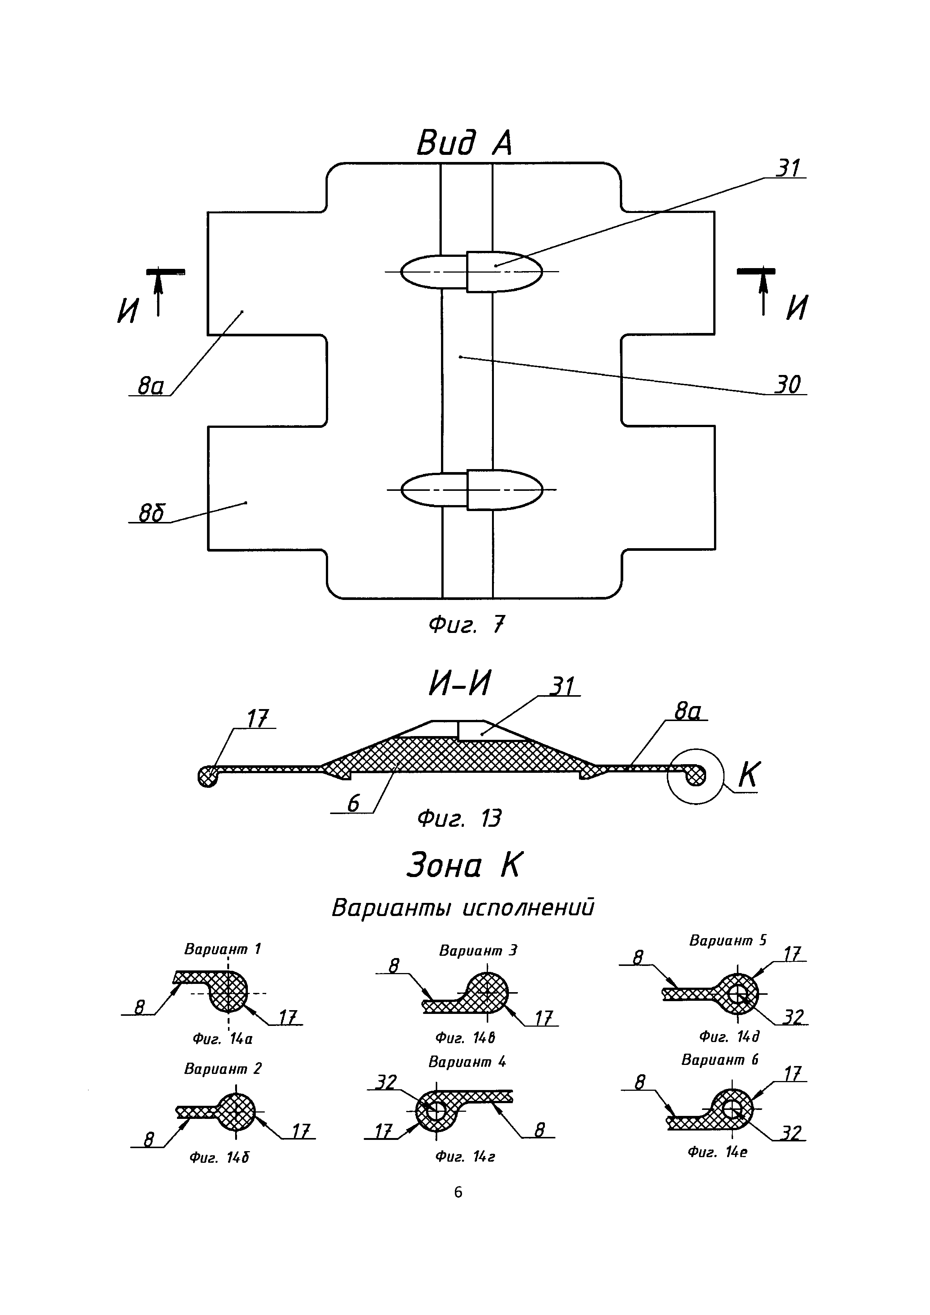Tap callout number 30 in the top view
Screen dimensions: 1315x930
tap(787, 384)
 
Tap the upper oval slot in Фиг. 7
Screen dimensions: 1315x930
tap(471, 271)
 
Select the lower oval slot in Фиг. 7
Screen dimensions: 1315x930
tap(471, 490)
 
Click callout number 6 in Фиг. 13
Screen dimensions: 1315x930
tap(353, 804)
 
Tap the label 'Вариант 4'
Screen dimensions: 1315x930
tap(467, 1062)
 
